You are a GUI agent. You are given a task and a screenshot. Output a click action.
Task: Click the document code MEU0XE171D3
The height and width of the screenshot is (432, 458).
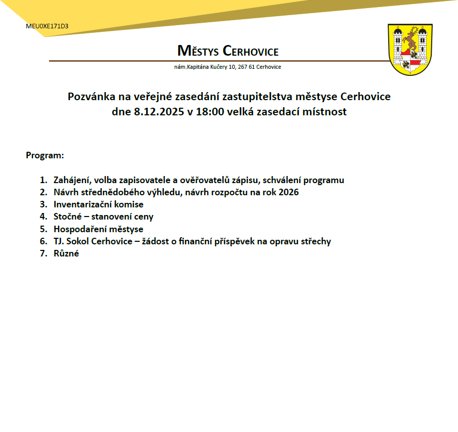pyautogui.click(x=47, y=26)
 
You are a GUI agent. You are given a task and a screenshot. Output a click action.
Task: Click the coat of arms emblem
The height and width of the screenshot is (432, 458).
pyautogui.click(x=410, y=50)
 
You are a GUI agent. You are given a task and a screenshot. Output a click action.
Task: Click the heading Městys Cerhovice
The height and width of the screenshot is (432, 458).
pyautogui.click(x=228, y=51)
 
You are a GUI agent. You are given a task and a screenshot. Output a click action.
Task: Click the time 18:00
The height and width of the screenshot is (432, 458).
pyautogui.click(x=211, y=112)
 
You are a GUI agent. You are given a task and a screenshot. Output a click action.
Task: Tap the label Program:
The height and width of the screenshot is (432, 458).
pyautogui.click(x=45, y=155)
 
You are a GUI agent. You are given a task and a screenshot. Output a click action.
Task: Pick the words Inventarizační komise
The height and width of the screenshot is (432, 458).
pyautogui.click(x=99, y=204)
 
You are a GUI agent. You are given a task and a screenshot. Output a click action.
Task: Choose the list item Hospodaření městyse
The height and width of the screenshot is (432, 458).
pyautogui.click(x=98, y=229)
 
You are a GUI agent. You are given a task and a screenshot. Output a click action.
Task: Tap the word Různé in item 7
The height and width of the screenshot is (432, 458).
pyautogui.click(x=66, y=253)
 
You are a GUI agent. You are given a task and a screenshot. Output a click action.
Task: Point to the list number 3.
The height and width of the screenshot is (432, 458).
pyautogui.click(x=43, y=204)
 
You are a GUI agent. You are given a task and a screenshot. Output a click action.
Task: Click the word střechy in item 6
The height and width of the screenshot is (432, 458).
pyautogui.click(x=315, y=241)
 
